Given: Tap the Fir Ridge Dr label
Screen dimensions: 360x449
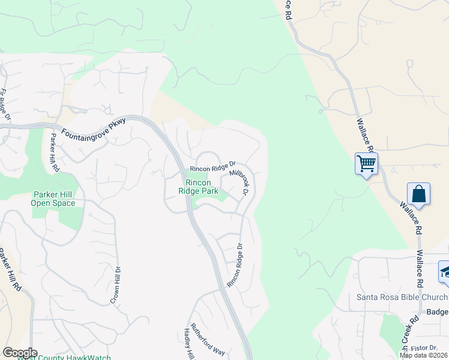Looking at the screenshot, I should click(x=5, y=106).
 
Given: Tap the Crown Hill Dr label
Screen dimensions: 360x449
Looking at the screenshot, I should click(x=115, y=285).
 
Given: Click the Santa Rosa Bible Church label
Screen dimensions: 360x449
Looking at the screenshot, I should click(x=402, y=298).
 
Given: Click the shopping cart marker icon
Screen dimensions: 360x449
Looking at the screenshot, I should click(x=366, y=163).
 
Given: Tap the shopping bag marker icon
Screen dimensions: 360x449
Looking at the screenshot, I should click(x=418, y=194).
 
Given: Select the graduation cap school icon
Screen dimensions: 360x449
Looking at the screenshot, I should click(x=445, y=271).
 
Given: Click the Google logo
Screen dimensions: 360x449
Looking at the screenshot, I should click(x=20, y=353).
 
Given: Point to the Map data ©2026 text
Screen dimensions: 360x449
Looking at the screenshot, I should click(x=424, y=355).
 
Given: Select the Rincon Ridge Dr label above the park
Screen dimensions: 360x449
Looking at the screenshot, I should click(x=212, y=166).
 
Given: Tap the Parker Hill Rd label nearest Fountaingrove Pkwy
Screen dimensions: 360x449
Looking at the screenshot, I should click(x=55, y=151).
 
